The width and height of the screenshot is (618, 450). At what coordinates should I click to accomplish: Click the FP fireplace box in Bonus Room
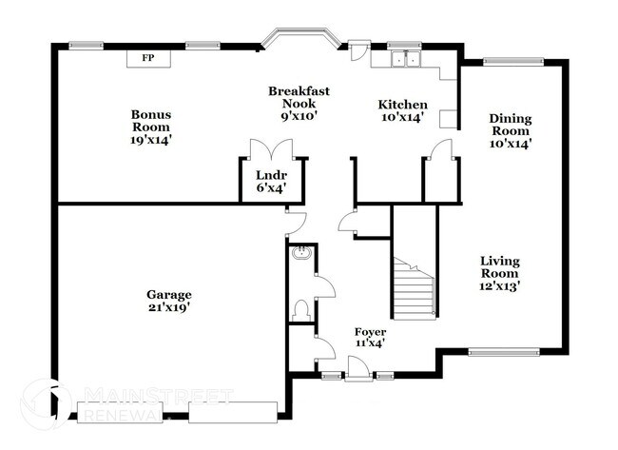click(x=147, y=58)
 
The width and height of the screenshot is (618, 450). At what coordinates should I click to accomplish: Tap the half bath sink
click(x=300, y=253)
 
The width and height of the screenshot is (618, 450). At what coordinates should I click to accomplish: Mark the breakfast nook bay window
click(x=298, y=40)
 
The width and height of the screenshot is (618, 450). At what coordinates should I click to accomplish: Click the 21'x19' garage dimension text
click(x=169, y=308)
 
